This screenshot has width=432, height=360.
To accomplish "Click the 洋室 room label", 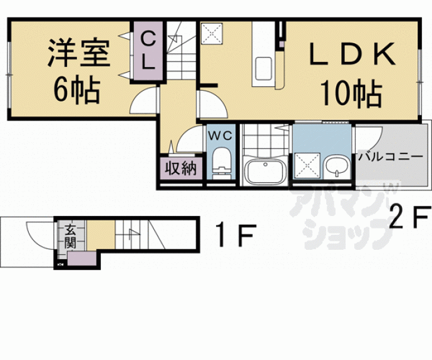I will (79, 55).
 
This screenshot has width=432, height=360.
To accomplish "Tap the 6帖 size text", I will (77, 91).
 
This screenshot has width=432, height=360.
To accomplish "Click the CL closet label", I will (148, 51).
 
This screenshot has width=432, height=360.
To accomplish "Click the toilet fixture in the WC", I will (221, 162).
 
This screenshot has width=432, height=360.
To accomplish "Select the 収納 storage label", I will (181, 168).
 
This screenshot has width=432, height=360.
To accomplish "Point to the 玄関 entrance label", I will (67, 237).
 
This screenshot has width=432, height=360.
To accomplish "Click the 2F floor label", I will (408, 219).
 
